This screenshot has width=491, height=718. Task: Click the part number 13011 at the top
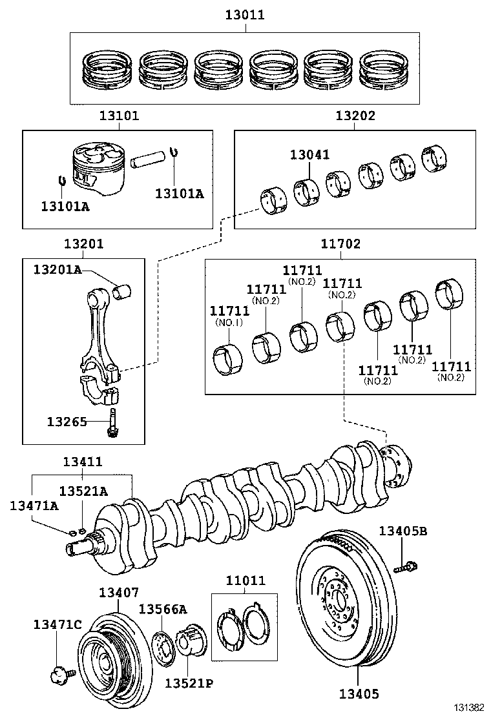(x=245, y=14)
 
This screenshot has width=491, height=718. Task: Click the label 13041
(x=309, y=154)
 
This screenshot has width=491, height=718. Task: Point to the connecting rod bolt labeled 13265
(x=114, y=422)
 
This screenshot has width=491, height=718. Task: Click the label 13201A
(x=58, y=269)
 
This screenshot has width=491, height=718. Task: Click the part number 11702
(x=340, y=244)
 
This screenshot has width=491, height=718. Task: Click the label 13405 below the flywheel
(x=359, y=694)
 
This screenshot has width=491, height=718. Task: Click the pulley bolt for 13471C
(x=58, y=675)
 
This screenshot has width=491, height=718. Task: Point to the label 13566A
(x=163, y=609)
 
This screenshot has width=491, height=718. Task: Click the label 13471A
(x=34, y=505)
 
